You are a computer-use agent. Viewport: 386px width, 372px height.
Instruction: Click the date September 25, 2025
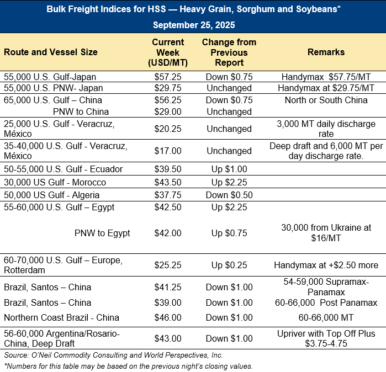193,25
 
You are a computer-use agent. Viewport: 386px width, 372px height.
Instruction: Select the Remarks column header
326,52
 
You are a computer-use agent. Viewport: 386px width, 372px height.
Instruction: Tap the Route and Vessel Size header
51,52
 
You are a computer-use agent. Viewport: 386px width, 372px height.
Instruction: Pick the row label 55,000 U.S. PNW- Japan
53,88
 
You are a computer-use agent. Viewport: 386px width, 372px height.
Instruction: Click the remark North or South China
326,100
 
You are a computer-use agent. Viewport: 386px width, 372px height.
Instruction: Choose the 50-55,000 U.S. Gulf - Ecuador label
63,169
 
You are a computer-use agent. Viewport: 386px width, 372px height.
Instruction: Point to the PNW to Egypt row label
102,233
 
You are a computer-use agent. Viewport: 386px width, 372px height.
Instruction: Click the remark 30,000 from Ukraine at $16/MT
326,233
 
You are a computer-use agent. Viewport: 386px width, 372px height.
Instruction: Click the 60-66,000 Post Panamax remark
326,302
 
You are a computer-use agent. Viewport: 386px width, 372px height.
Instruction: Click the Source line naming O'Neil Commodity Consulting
113,355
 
